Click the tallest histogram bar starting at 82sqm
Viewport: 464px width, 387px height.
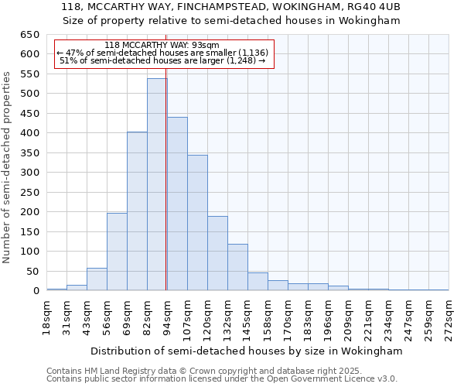[x=157, y=186]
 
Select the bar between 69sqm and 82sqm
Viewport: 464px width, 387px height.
[x=137, y=213]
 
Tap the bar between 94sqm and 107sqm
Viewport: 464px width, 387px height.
[x=177, y=205]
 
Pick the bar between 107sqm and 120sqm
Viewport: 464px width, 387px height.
[x=197, y=224]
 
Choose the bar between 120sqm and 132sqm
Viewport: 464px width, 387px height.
[x=217, y=255]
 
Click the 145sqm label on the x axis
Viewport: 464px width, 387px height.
[x=248, y=317]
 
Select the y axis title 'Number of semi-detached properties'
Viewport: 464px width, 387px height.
[x=8, y=167]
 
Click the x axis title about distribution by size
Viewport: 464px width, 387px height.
[x=247, y=351]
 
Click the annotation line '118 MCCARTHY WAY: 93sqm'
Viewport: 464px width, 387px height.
[x=162, y=45]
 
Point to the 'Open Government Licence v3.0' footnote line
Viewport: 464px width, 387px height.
[x=222, y=379]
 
